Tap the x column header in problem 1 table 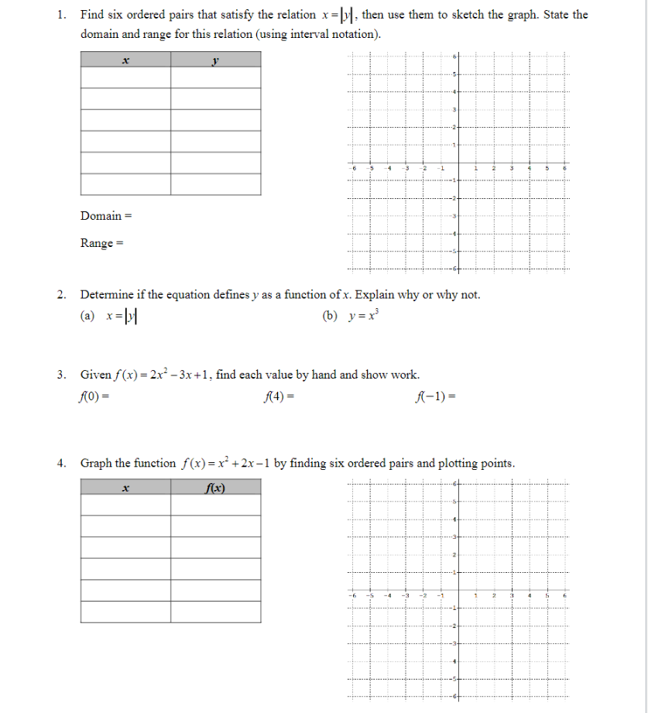point(125,60)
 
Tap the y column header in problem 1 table point(215,60)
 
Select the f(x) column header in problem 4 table point(215,487)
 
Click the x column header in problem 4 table point(125,487)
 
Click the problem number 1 point(62,15)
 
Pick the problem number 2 point(62,294)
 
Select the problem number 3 point(62,375)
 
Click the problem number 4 point(62,463)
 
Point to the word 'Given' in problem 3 point(94,375)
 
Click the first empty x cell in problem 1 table point(125,78)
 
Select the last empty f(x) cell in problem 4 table point(215,612)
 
